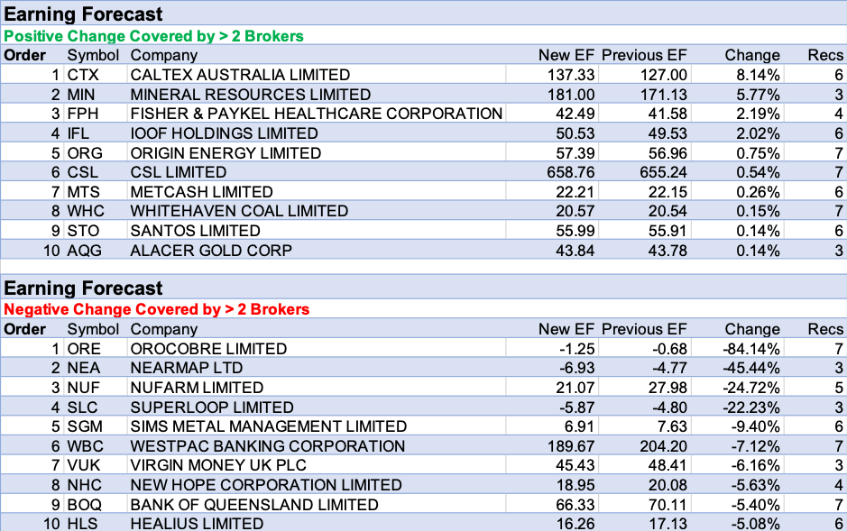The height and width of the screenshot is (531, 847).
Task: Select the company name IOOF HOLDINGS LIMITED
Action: pos(224,133)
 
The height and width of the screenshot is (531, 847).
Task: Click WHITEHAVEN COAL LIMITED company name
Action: pos(239,211)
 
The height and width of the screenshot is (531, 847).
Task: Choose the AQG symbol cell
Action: pos(85,250)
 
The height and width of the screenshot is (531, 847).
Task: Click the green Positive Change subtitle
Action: pos(154,36)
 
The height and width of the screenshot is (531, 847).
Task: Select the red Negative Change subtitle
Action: pos(157,309)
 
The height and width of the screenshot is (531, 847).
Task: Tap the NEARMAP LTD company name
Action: pos(187,368)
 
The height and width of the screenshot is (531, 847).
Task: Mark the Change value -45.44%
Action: pos(752,368)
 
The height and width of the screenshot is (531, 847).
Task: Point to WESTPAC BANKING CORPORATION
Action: pos(268,446)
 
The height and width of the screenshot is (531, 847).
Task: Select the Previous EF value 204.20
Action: pos(661,446)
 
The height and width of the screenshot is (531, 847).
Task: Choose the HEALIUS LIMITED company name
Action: pos(197,523)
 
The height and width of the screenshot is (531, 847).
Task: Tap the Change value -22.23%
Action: pos(752,407)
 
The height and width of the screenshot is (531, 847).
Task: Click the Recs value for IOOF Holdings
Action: pos(838,133)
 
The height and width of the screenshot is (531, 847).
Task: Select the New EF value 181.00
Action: pos(571,95)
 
